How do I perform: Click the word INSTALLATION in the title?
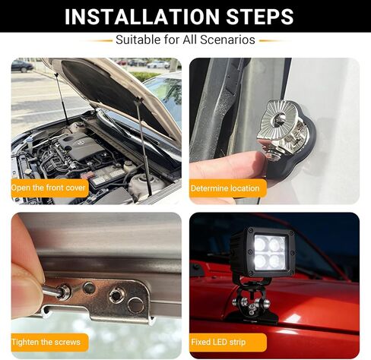point(141,16)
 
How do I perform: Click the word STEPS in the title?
point(256,16)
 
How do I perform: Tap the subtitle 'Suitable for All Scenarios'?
point(185,39)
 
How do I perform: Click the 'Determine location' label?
point(226,188)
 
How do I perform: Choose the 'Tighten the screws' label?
point(47,341)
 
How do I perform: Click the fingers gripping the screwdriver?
point(27,281)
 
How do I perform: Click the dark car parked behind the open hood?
point(21,66)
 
